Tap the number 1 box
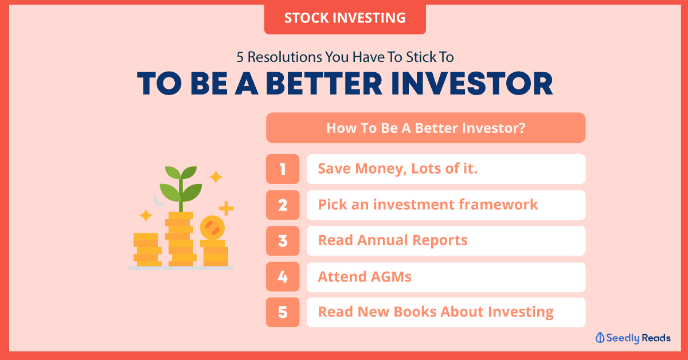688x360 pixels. click(x=283, y=169)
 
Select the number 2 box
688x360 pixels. click(x=283, y=205)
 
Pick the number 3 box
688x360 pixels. click(x=283, y=241)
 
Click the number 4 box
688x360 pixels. click(x=283, y=277)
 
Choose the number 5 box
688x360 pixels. click(x=283, y=312)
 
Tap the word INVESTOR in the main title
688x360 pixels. click(x=472, y=84)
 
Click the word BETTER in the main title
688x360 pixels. click(x=324, y=84)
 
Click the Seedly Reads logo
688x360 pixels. click(x=633, y=338)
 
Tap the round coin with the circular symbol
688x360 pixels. click(x=212, y=228)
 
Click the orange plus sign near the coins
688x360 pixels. click(x=226, y=209)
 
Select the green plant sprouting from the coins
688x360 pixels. click(x=181, y=188)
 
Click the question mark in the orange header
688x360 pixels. click(x=522, y=128)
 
